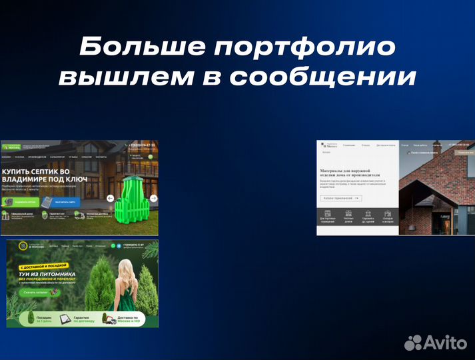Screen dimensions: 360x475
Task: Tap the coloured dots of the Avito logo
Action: pyautogui.click(x=414, y=343)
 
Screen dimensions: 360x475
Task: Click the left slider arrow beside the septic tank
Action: pyautogui.click(x=110, y=198)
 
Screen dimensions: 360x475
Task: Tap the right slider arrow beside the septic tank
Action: pyautogui.click(x=153, y=198)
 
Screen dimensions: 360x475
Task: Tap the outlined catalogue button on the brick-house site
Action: pyautogui.click(x=341, y=198)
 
